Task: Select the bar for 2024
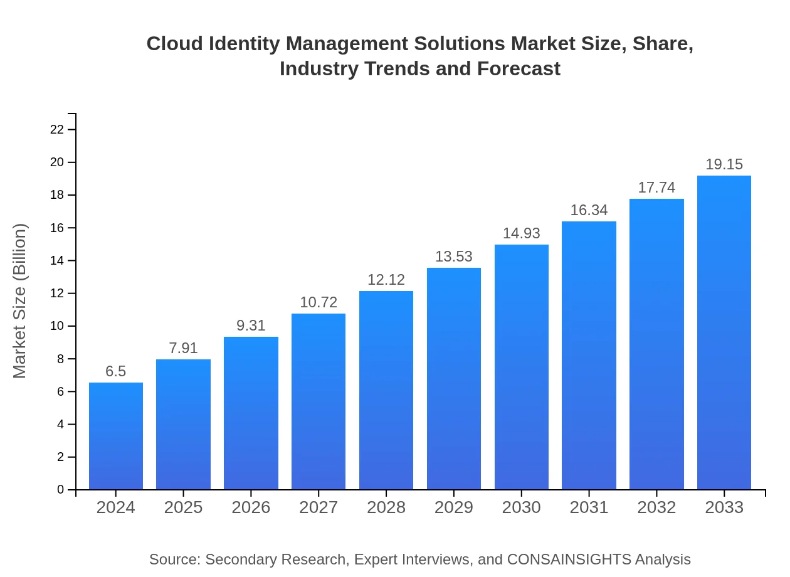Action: point(116,436)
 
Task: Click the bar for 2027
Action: point(319,401)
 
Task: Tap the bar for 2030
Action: point(521,367)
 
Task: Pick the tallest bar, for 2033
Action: point(724,332)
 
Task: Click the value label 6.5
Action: point(116,371)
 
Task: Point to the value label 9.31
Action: point(251,326)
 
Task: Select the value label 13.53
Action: point(454,257)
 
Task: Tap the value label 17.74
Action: point(656,188)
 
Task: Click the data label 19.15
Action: point(724,164)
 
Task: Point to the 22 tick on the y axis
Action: point(57,130)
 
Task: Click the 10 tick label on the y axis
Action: point(57,326)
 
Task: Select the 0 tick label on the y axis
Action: point(61,490)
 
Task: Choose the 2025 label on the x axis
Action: point(183,507)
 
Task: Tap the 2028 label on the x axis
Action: point(386,507)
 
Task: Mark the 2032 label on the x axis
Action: point(656,507)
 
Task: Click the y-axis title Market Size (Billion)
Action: point(20,301)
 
